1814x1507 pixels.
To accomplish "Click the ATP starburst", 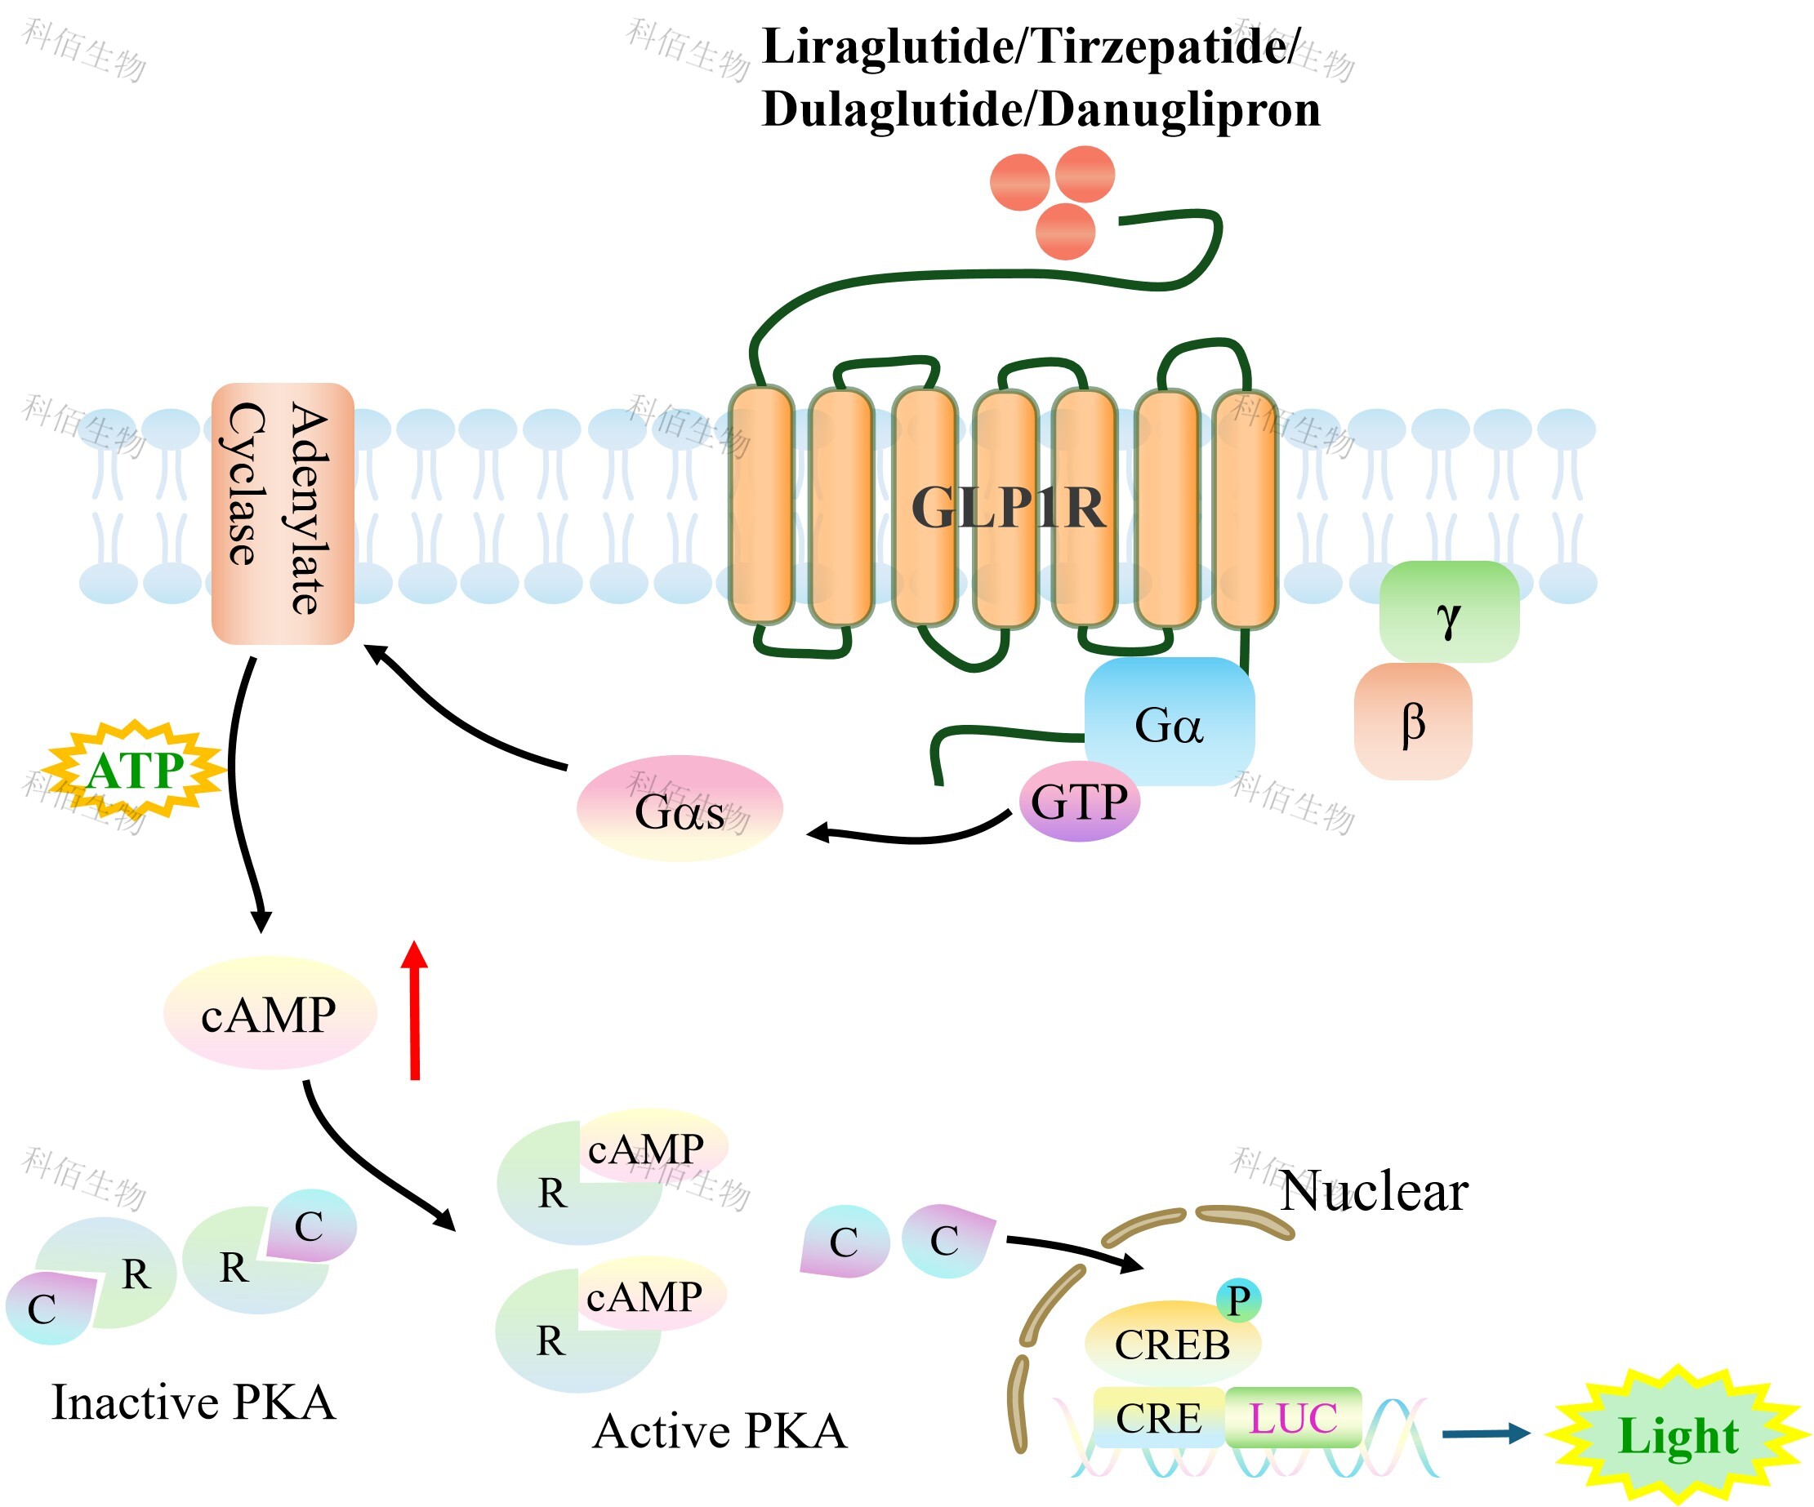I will click(x=135, y=770).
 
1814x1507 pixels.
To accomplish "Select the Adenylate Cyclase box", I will click(x=283, y=513).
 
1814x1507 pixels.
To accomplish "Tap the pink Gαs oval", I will click(x=680, y=809).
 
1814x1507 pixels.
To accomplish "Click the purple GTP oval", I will click(x=1079, y=802).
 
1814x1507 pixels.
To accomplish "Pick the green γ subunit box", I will click(x=1449, y=612).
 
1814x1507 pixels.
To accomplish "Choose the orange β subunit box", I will click(x=1412, y=722).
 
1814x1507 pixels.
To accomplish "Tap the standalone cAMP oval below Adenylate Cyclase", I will click(x=270, y=1014).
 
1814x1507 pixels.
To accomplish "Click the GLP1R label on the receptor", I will click(x=1007, y=507).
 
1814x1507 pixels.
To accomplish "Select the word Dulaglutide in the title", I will click(x=889, y=109).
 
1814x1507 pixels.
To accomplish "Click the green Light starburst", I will click(x=1678, y=1436).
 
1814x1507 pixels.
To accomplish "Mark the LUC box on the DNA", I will click(x=1293, y=1418).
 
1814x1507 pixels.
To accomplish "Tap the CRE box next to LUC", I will click(x=1158, y=1418).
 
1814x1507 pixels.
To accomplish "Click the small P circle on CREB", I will click(x=1239, y=1300).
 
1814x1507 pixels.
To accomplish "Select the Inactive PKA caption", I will click(x=194, y=1402).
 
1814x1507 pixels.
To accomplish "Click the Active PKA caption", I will click(x=720, y=1431).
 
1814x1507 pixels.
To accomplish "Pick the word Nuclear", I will click(x=1374, y=1193).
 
